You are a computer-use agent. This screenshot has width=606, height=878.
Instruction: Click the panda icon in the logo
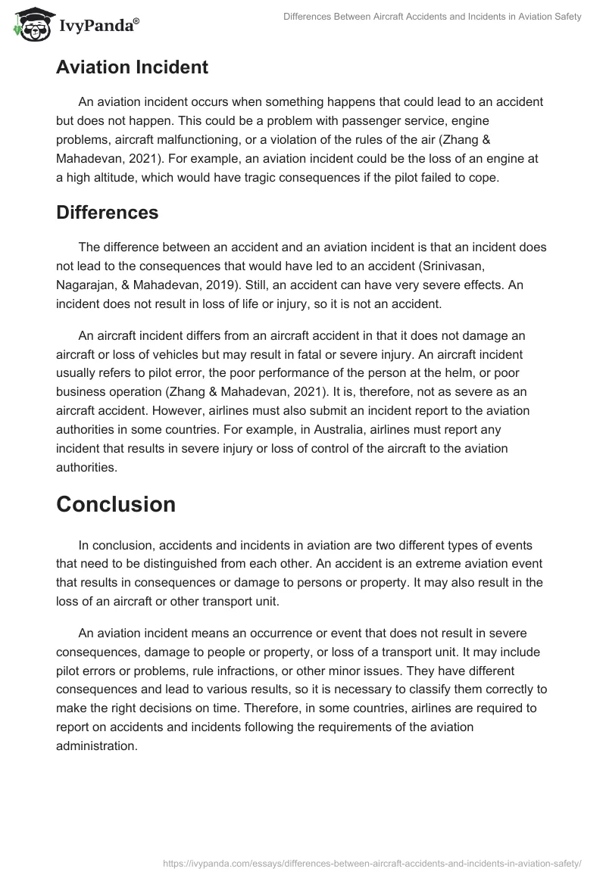click(30, 23)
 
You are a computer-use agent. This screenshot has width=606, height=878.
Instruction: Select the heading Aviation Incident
click(132, 67)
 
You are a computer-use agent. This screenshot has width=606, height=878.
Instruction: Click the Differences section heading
click(107, 213)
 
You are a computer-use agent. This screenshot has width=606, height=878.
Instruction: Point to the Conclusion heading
click(115, 504)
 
